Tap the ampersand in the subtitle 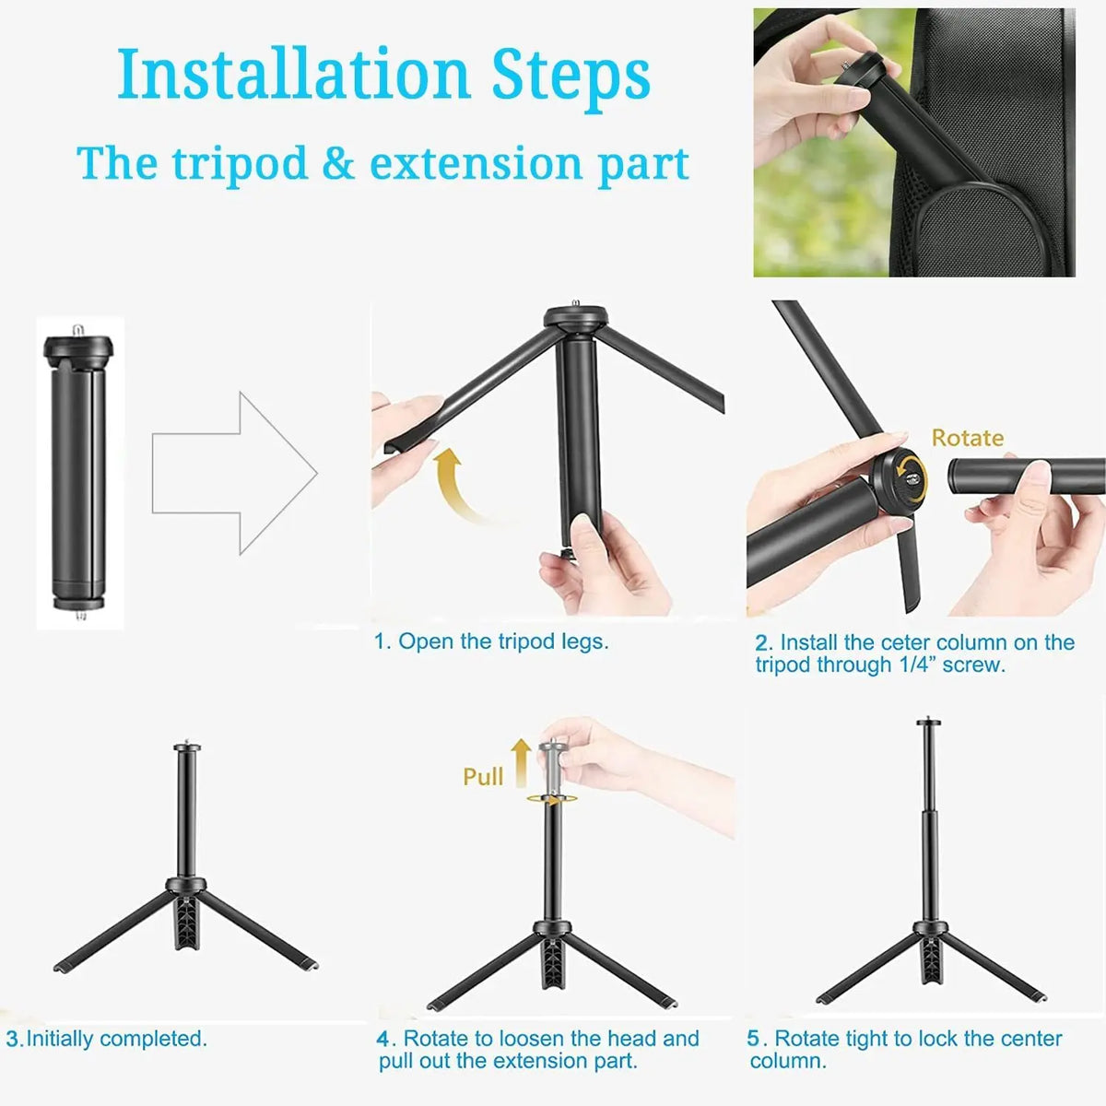tap(338, 164)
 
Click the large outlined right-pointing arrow tap(235, 473)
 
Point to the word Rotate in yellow tap(967, 438)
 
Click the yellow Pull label tap(483, 776)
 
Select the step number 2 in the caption tap(762, 643)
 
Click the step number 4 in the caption tap(384, 1039)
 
